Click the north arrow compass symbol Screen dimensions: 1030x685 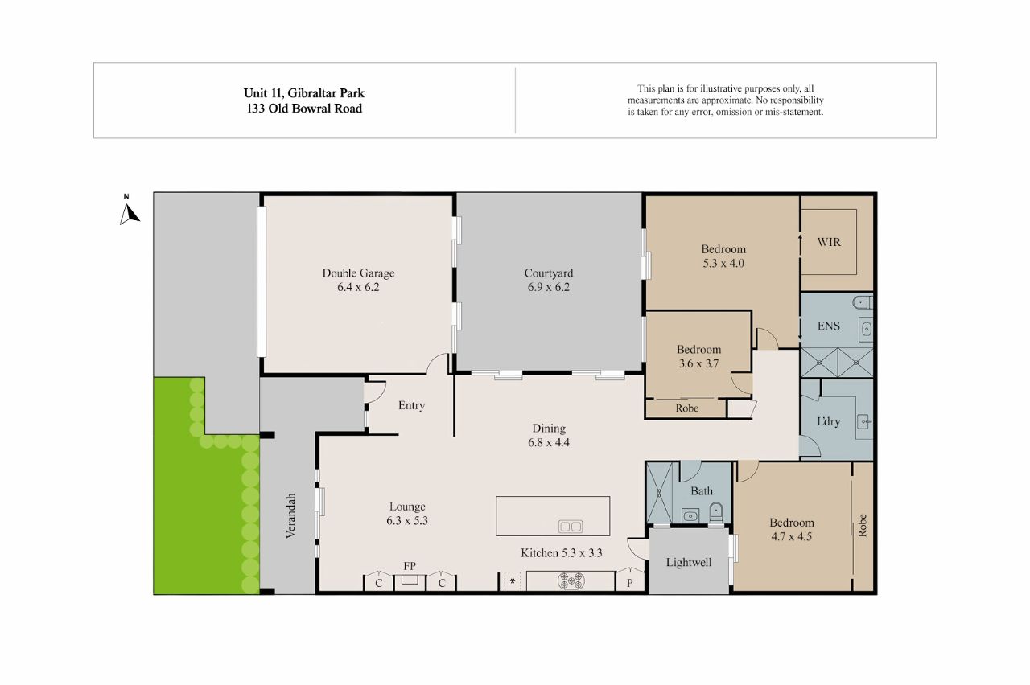click(x=130, y=214)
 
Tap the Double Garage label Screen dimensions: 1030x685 click(x=358, y=273)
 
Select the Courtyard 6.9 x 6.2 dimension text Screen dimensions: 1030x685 click(x=549, y=287)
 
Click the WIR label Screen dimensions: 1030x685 click(x=829, y=242)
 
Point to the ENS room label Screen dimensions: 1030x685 click(x=829, y=326)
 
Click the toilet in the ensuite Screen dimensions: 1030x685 click(x=862, y=302)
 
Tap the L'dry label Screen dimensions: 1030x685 click(x=828, y=421)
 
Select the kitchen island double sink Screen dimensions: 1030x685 click(x=571, y=526)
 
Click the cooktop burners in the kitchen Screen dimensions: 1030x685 click(x=571, y=580)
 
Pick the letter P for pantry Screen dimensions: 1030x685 click(x=629, y=583)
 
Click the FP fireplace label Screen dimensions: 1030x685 click(x=410, y=566)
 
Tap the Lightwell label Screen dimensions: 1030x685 click(x=688, y=562)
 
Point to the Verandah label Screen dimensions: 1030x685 click(x=290, y=515)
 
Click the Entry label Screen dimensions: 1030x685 click(x=411, y=405)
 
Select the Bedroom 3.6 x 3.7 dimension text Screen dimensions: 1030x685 click(x=698, y=363)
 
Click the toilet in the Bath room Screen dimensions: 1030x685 click(x=715, y=513)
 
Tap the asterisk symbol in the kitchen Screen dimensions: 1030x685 click(x=513, y=581)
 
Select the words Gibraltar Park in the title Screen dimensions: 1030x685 click(x=326, y=93)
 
